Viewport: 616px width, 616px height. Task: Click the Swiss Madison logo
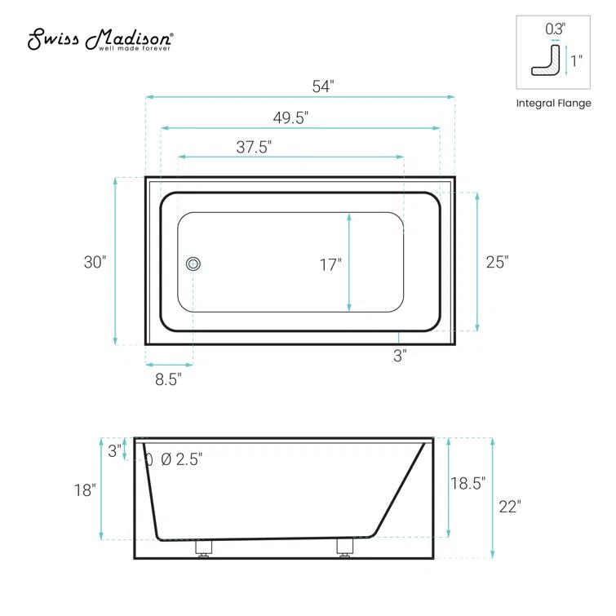pyautogui.click(x=100, y=38)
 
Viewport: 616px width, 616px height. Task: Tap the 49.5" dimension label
pyautogui.click(x=290, y=117)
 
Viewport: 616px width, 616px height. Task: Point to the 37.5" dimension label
pyautogui.click(x=254, y=147)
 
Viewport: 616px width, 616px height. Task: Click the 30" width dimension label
pyautogui.click(x=95, y=262)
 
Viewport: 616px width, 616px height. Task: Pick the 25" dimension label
pyautogui.click(x=497, y=262)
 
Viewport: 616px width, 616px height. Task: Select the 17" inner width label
pyautogui.click(x=330, y=264)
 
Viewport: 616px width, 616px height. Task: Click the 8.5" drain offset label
pyautogui.click(x=169, y=379)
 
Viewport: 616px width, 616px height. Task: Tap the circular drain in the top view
pyautogui.click(x=193, y=264)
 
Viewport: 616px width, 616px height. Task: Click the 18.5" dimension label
pyautogui.click(x=468, y=482)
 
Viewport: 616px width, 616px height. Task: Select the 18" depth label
pyautogui.click(x=85, y=490)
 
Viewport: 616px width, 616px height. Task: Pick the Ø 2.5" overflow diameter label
pyautogui.click(x=181, y=459)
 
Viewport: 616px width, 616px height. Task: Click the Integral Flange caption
pyautogui.click(x=553, y=104)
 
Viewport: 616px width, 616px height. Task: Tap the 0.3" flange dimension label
pyautogui.click(x=555, y=27)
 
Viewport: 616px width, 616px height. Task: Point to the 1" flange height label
pyautogui.click(x=577, y=60)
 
